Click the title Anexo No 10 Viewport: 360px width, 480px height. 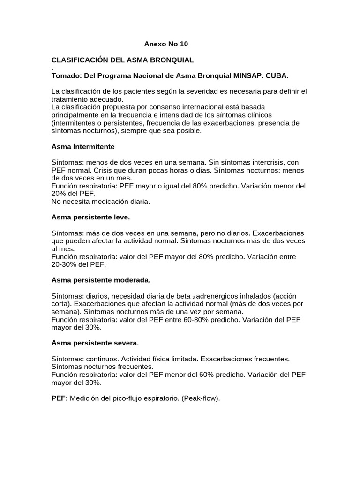pyautogui.click(x=165, y=44)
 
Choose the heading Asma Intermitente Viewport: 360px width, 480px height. pyautogui.click(x=82, y=147)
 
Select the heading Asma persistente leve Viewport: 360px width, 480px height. pyautogui.click(x=90, y=217)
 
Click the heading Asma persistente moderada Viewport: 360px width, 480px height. pyautogui.click(x=101, y=280)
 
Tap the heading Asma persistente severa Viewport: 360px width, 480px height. pyautogui.click(x=95, y=343)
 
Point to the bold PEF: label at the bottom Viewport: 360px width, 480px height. pyautogui.click(x=60, y=398)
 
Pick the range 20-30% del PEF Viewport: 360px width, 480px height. pyautogui.click(x=79, y=264)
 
